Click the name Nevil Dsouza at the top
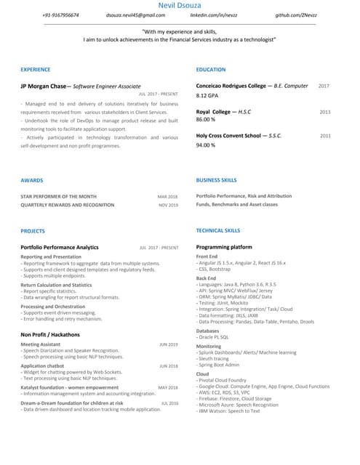tap(180, 5)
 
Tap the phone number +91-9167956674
tap(61, 15)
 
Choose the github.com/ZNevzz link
tap(296, 15)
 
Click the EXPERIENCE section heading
tap(36, 70)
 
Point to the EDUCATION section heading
tap(211, 70)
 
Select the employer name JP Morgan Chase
tap(44, 86)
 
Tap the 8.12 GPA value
tap(208, 96)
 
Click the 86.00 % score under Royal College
tap(206, 120)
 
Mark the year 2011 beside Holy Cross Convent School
tap(325, 136)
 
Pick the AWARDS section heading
tap(32, 179)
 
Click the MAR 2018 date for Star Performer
tap(168, 196)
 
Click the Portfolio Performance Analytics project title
tap(60, 247)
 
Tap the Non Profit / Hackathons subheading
tap(50, 334)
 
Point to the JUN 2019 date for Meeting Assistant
tap(169, 344)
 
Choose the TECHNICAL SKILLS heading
tap(218, 230)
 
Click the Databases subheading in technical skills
tap(208, 331)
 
